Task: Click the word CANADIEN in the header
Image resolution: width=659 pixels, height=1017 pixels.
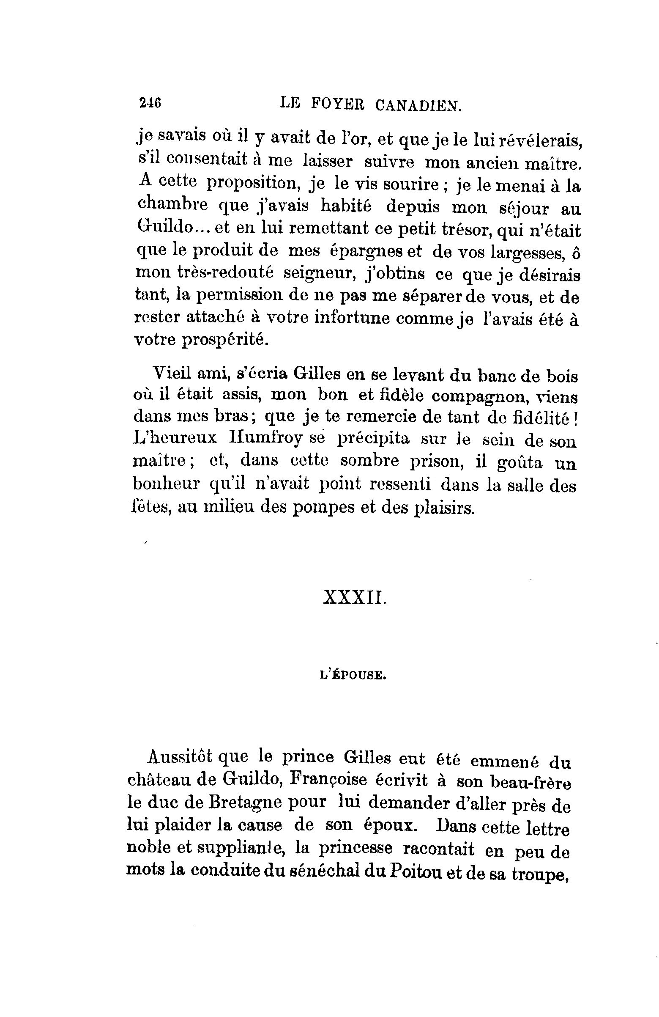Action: (418, 104)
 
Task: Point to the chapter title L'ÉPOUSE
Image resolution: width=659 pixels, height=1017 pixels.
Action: (353, 676)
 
